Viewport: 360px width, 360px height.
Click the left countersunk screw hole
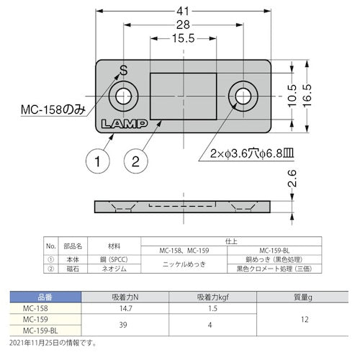[x=125, y=96]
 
